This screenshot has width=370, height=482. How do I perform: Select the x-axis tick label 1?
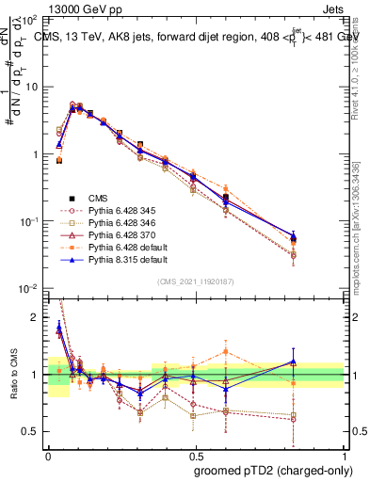[344, 455]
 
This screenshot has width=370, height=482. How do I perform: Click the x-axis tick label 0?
[48, 455]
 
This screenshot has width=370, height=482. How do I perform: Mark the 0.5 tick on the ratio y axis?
[31, 431]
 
